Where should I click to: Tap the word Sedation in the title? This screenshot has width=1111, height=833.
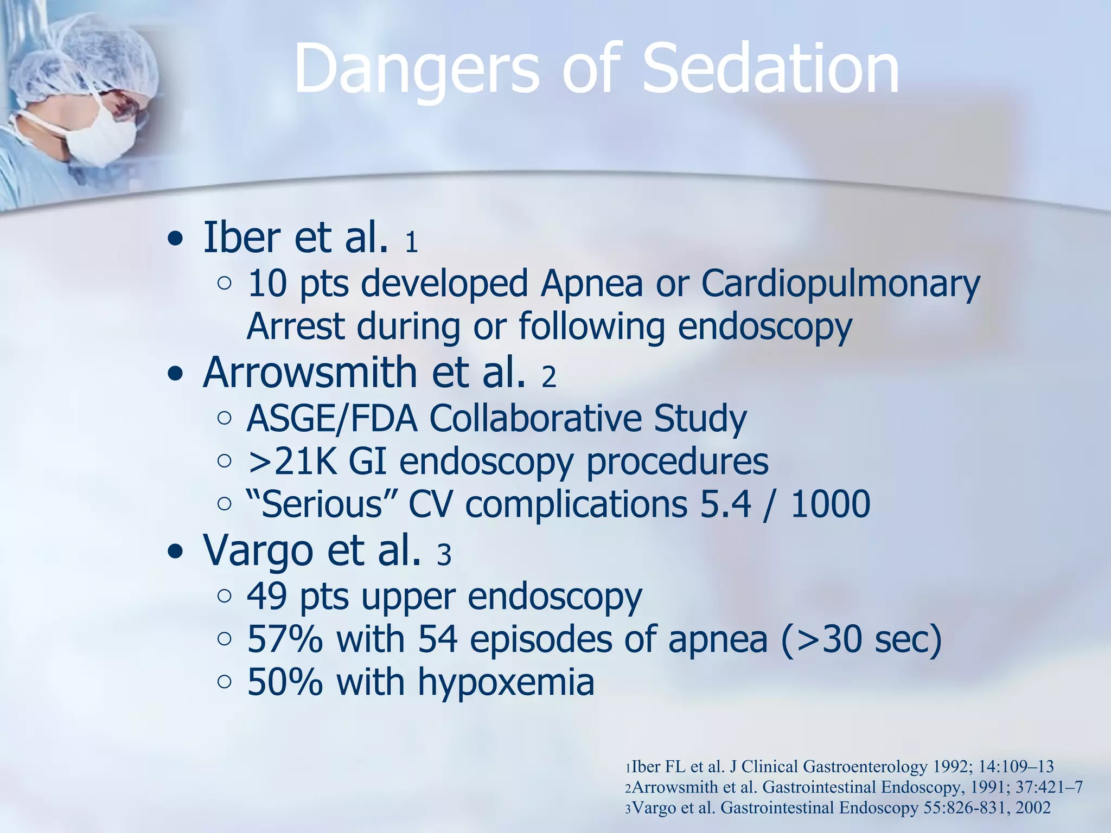coord(770,69)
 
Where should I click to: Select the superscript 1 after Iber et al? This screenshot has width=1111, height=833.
coord(411,242)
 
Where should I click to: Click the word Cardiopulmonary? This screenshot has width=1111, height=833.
coord(840,284)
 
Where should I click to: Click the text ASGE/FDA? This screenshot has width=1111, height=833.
coord(331,419)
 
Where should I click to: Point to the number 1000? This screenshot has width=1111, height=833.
coord(831,504)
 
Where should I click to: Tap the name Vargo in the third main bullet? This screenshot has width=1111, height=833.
coord(258,550)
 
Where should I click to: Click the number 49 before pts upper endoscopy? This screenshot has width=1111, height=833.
coord(266,597)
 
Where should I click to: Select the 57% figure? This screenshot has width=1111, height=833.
coord(285,639)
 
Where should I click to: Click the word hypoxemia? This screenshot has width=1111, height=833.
coord(506,682)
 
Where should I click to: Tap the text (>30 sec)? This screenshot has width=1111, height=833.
coord(861,639)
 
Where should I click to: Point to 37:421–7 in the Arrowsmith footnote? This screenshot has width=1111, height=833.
coord(1048,787)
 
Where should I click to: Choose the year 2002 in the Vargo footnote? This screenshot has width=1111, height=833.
coord(1033,808)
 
